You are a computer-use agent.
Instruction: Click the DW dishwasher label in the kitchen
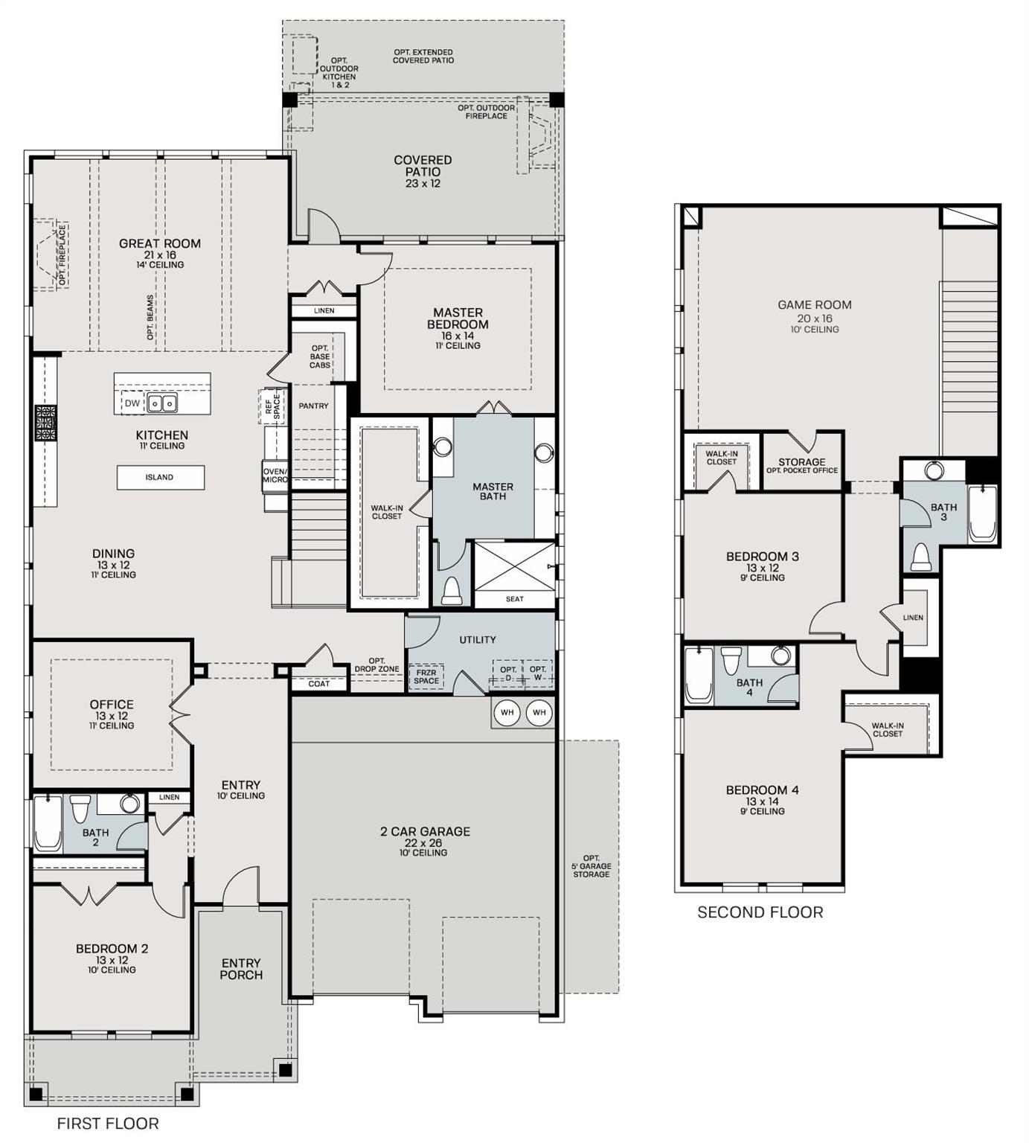[x=132, y=403]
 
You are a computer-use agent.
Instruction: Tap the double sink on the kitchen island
[x=162, y=403]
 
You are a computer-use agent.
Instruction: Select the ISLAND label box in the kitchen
[x=160, y=478]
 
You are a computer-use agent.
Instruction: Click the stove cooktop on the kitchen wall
[x=45, y=424]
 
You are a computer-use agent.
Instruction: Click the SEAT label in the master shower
[x=514, y=599]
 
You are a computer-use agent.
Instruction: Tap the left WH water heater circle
[x=507, y=713]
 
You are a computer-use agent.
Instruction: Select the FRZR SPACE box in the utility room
[x=426, y=676]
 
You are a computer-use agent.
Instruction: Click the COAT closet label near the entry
[x=318, y=684]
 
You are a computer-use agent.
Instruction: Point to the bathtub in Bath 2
[x=48, y=824]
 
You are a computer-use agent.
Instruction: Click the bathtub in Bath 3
[x=982, y=513]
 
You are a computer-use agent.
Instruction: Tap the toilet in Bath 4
[x=731, y=659]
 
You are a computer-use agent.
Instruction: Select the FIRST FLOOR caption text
[x=108, y=1124]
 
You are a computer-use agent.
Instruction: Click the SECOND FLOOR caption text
[x=760, y=912]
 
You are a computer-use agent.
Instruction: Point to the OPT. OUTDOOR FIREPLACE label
[x=486, y=112]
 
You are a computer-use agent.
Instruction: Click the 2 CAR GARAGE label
[x=425, y=832]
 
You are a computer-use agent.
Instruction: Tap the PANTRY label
[x=313, y=406]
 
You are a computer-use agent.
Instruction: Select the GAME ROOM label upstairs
[x=814, y=305]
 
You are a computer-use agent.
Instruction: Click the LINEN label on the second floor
[x=913, y=618]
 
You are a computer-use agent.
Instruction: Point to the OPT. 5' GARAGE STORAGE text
[x=592, y=866]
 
